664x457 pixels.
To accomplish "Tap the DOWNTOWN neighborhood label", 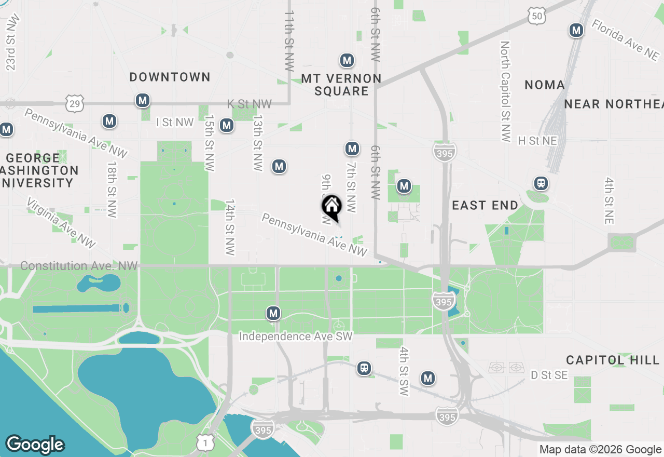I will [170, 77].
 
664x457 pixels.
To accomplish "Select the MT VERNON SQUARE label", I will [341, 85].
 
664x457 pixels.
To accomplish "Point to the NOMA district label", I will [544, 85].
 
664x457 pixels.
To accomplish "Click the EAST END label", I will [485, 206].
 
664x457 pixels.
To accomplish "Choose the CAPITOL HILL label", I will [613, 360].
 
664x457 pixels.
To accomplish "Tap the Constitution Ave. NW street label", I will [79, 266].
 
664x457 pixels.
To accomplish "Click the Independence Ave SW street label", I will [296, 337].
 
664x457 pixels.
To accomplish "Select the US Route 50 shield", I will [537, 16].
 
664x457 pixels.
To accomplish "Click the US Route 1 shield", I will [205, 442].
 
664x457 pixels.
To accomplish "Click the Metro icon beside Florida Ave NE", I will [576, 30].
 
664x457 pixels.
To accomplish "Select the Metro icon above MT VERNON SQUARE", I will [347, 61].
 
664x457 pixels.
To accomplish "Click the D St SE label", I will [549, 375].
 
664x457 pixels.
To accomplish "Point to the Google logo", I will [35, 445].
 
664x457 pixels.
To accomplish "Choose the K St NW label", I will [250, 104].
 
